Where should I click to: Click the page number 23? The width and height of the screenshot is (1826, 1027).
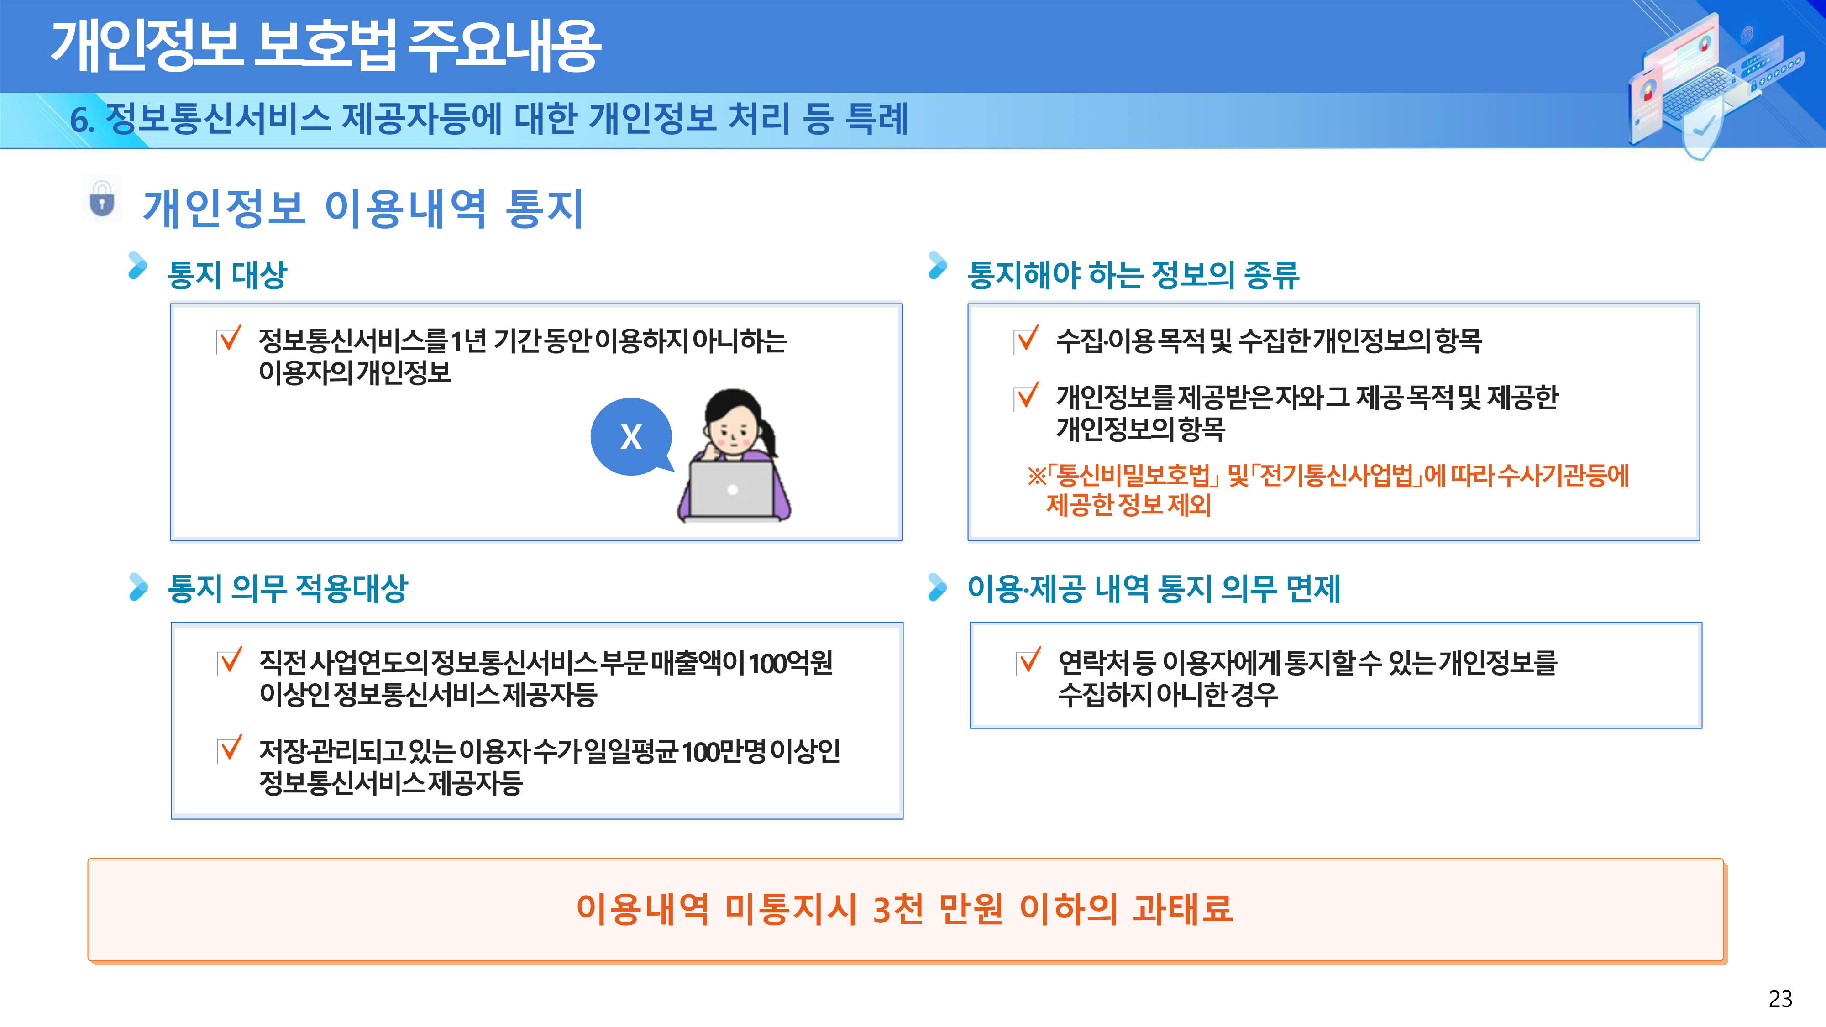1780,999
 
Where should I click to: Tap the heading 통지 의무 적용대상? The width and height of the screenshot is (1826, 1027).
288,588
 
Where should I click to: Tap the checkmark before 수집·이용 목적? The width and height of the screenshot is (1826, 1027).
1026,339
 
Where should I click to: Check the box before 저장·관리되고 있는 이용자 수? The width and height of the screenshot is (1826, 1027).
230,749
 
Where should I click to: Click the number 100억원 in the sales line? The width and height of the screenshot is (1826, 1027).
790,663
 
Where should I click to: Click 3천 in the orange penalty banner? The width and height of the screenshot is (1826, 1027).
898,909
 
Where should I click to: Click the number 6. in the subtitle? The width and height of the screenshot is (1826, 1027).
82,119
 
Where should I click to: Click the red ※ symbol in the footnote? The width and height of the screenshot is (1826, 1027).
1036,476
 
